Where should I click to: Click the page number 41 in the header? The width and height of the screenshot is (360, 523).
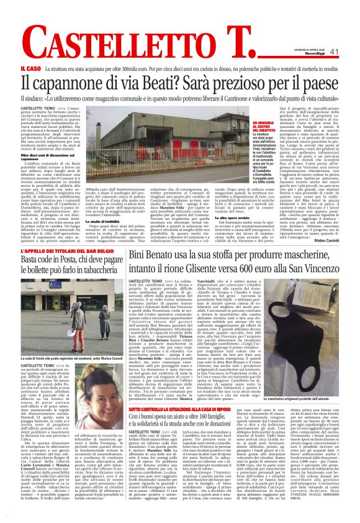pos(334,52)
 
